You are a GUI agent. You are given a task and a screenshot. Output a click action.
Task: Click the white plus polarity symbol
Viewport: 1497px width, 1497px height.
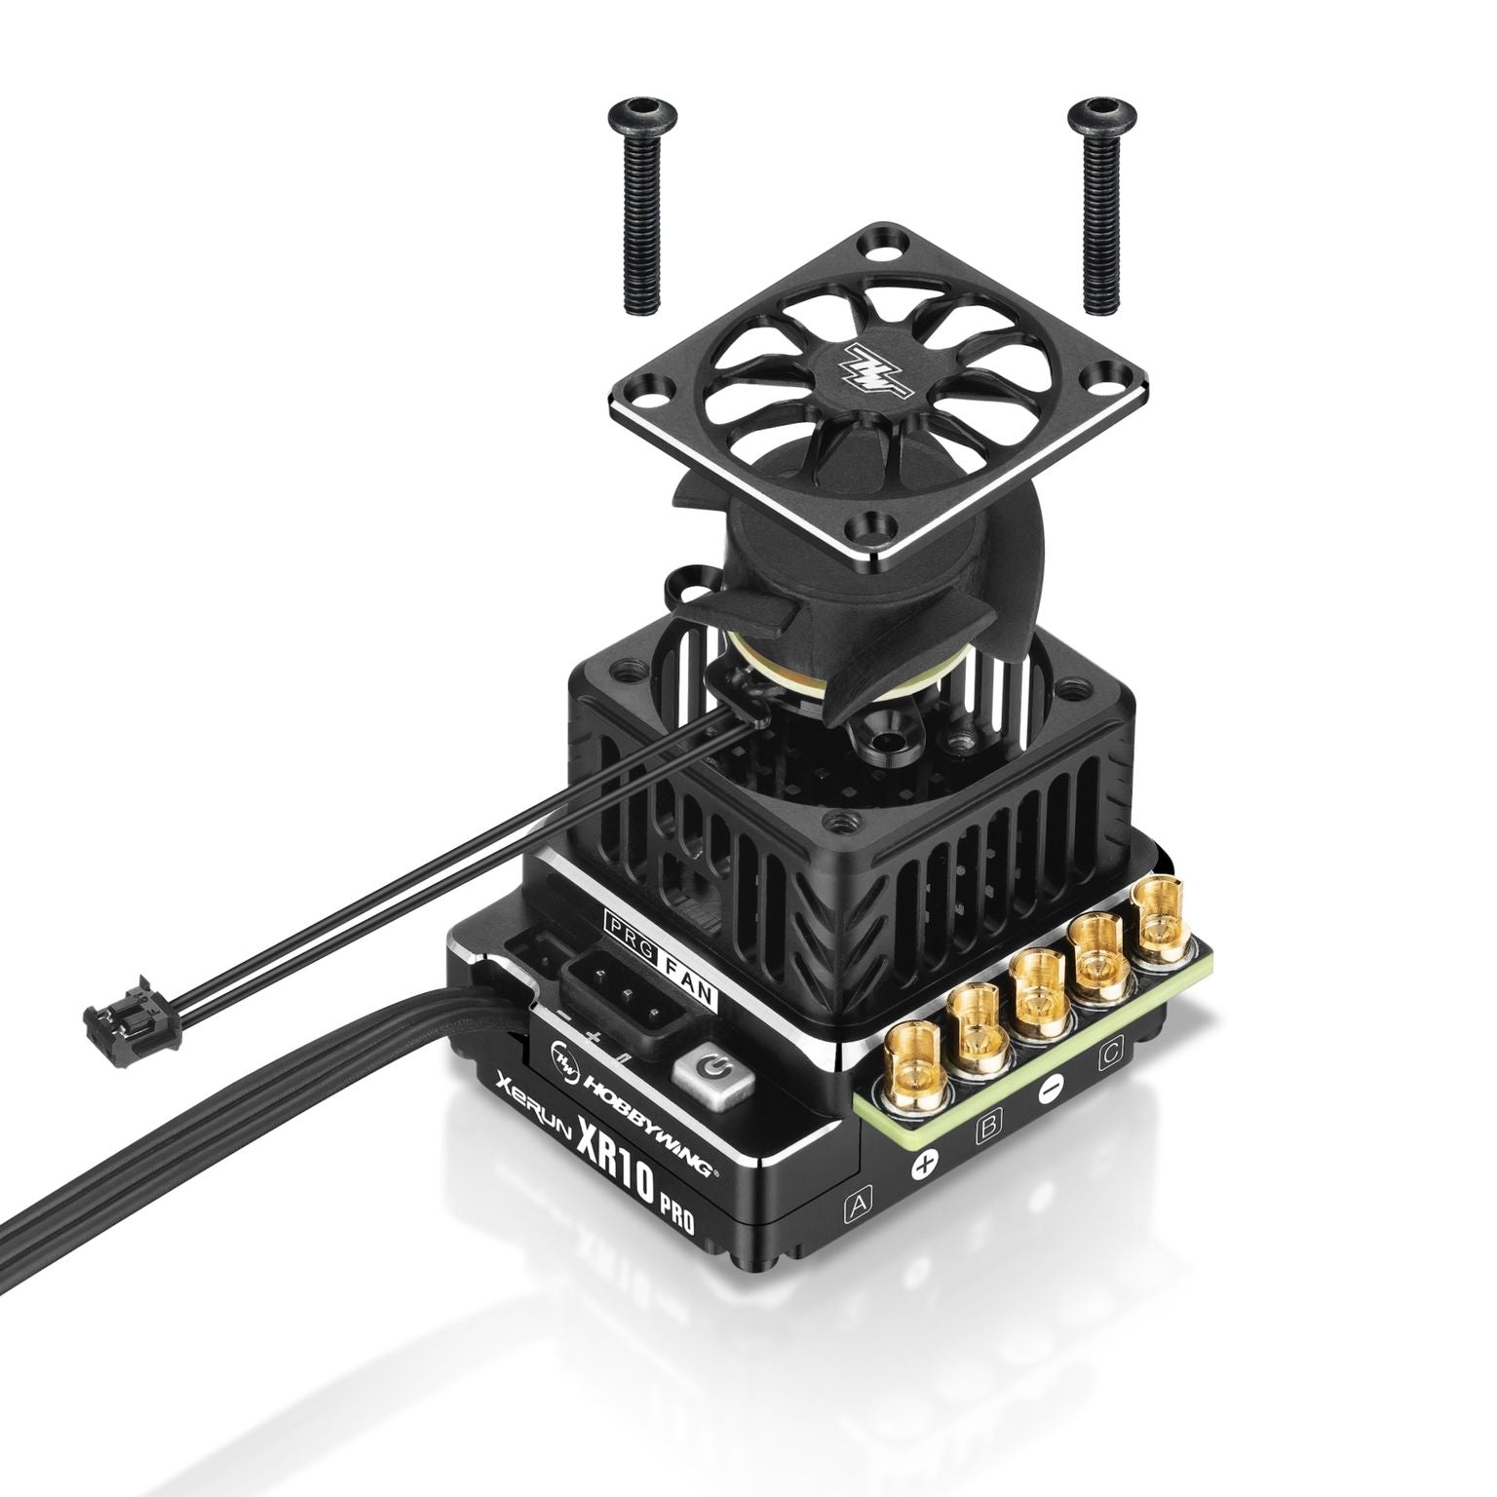tap(924, 1166)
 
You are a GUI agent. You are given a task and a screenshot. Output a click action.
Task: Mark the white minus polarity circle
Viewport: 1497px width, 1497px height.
tap(1049, 1092)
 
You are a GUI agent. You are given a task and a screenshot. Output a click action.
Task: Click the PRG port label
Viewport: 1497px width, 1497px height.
tap(621, 921)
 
